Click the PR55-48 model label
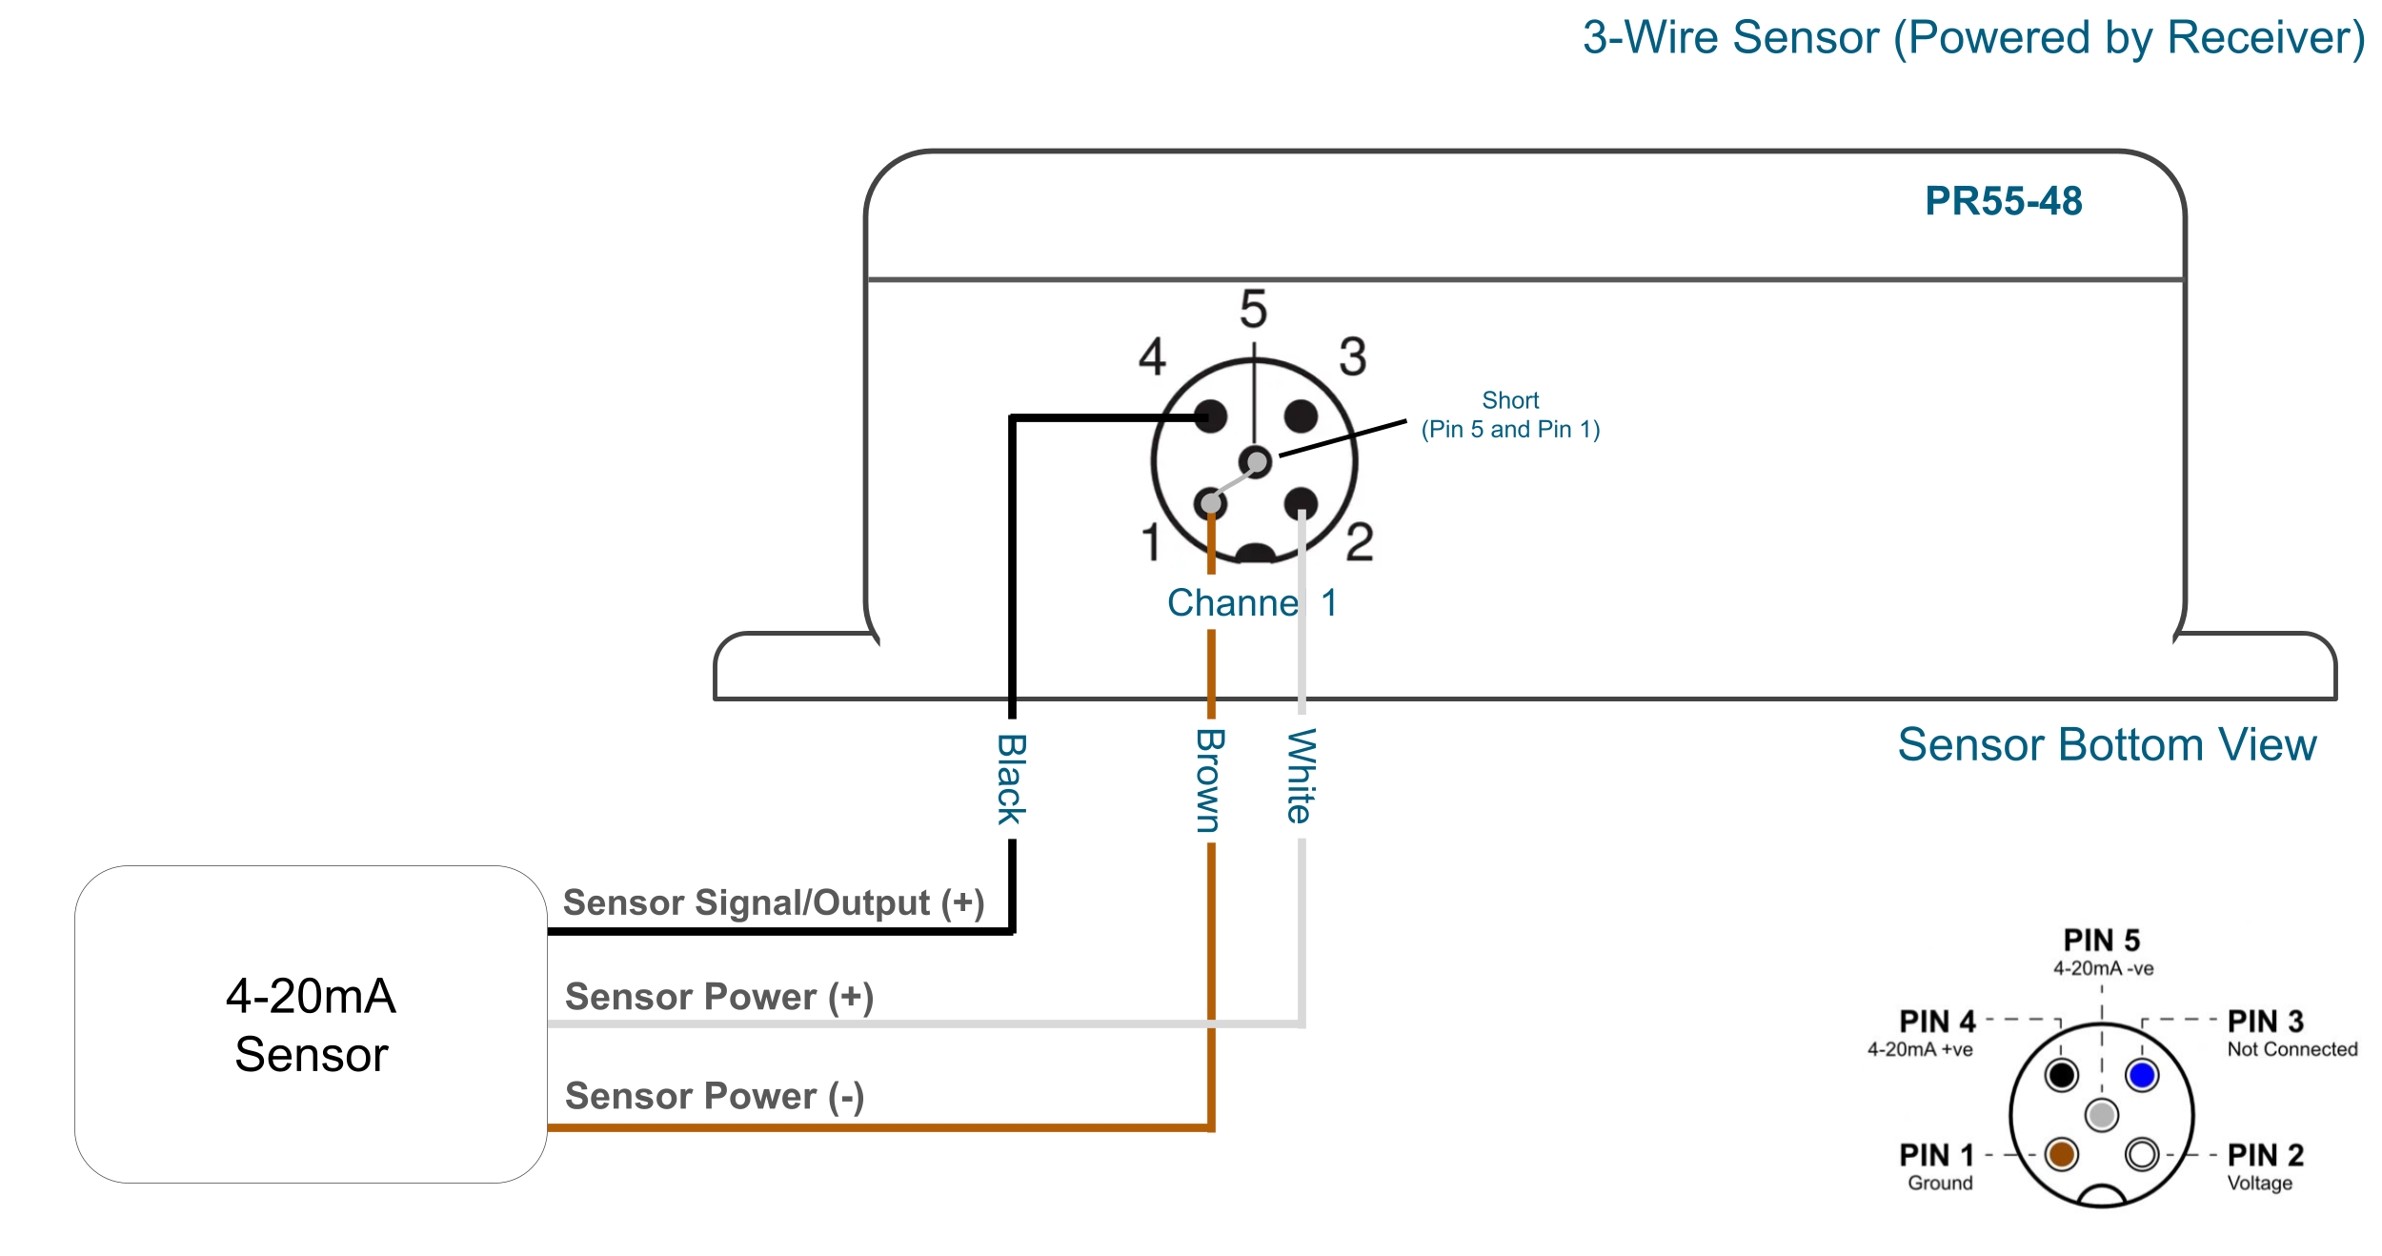pos(2003,201)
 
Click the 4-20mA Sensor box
pos(311,1024)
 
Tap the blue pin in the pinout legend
pos(2142,1075)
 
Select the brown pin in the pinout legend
pos(2062,1154)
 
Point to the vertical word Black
pos(1011,779)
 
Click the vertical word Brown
pos(1210,780)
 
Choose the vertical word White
pos(1302,776)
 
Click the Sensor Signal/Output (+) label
pos(774,902)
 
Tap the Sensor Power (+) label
pos(719,997)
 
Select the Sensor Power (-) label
pos(715,1096)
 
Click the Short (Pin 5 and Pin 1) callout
pos(1510,415)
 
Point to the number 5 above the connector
pos(1253,309)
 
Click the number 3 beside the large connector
pos(1353,356)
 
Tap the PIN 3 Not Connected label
pos(2291,1033)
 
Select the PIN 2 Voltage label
pos(2265,1167)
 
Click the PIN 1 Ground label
pos(1937,1167)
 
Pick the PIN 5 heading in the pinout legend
pos(2102,941)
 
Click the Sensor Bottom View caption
pos(2107,744)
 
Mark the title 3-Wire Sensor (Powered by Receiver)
pos(1973,38)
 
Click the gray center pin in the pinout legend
pos(2102,1114)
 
